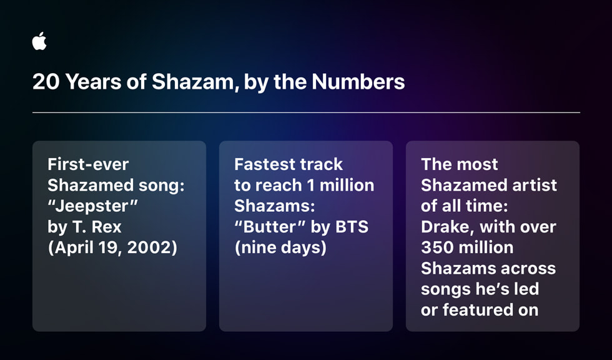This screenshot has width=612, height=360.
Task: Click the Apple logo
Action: click(39, 42)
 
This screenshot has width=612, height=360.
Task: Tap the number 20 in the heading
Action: click(44, 82)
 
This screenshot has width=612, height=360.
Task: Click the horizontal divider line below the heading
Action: click(306, 112)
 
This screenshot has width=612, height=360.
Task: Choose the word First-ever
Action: click(88, 164)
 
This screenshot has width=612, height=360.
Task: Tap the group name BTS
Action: click(350, 227)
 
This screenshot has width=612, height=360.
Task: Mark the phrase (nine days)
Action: click(280, 247)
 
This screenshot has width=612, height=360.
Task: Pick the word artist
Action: click(531, 185)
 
